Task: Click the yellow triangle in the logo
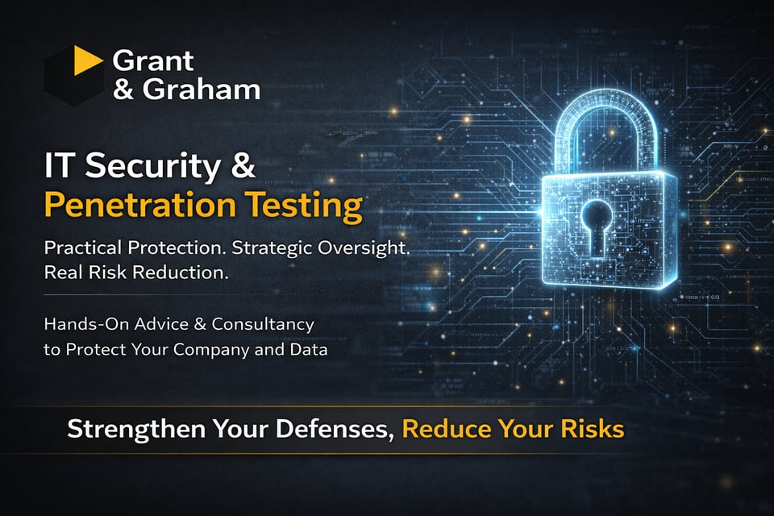[87, 61]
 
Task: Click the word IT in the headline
[60, 167]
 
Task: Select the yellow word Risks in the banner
[597, 428]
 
